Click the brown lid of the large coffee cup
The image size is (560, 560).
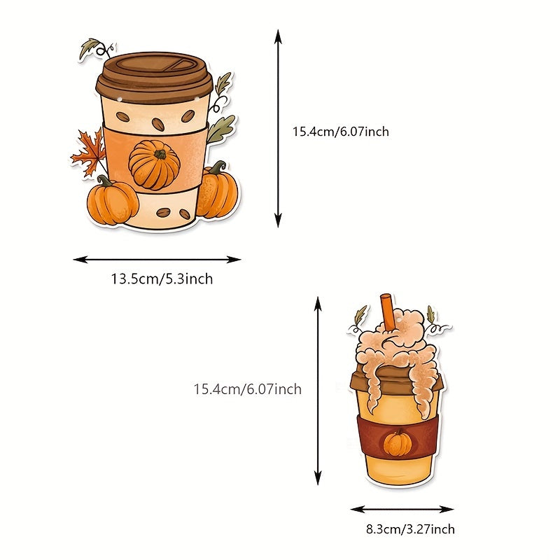[154, 78]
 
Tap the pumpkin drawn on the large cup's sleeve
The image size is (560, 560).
[154, 164]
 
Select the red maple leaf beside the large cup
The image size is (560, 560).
[88, 153]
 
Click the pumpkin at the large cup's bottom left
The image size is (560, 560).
[112, 200]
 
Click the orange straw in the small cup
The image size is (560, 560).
[388, 311]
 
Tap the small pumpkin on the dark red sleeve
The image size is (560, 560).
[397, 444]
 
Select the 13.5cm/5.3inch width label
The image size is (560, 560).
[162, 279]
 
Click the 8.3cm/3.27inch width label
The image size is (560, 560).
[410, 529]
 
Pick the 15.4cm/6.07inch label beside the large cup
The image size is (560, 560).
[341, 132]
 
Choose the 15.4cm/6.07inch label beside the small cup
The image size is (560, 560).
[248, 389]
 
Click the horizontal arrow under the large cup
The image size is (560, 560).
[157, 260]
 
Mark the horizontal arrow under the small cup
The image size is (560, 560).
[402, 510]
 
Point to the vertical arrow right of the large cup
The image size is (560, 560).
[278, 129]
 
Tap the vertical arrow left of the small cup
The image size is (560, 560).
[318, 391]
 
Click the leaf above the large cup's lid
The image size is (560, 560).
[90, 48]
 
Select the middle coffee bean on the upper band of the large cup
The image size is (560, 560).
[158, 124]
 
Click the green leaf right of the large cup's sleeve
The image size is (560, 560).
[220, 129]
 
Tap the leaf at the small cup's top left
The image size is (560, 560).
[360, 315]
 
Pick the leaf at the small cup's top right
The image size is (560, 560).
[430, 314]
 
